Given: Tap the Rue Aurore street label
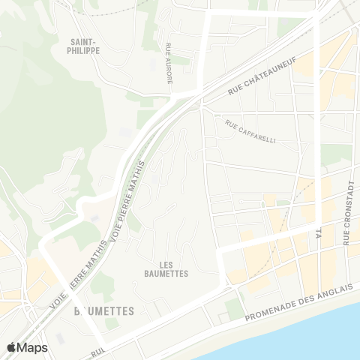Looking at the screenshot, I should coord(170,62).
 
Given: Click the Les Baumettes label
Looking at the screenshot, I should coord(165,269).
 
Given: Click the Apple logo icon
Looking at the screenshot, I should coord(13,347).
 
